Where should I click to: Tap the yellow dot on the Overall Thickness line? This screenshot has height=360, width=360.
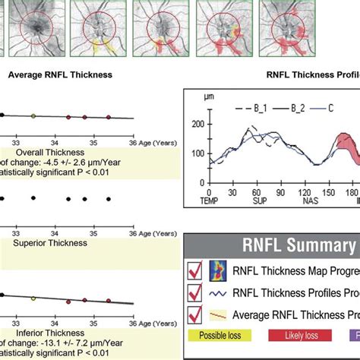(x=33, y=115)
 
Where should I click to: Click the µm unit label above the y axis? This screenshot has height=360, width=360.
(x=208, y=97)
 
